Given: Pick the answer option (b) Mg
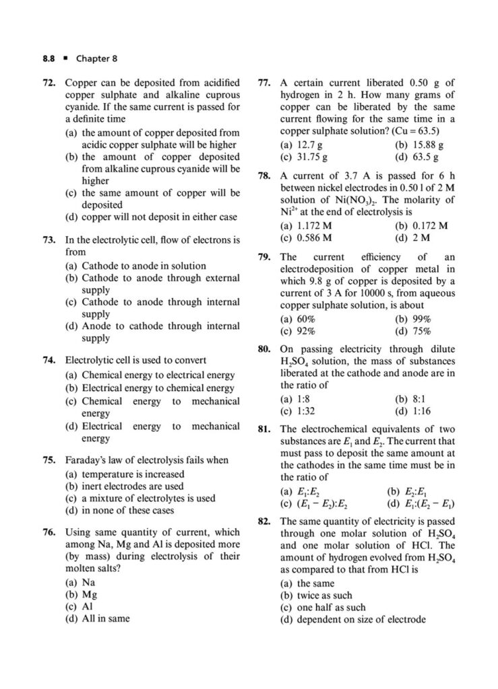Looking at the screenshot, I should [81, 594].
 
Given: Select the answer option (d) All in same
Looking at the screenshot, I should [97, 618].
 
